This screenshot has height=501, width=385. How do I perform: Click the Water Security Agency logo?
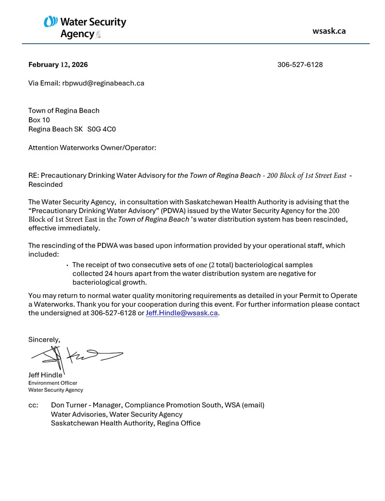click(85, 27)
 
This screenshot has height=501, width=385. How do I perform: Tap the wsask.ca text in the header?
click(329, 31)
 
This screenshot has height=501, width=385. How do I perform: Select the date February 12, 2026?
click(58, 65)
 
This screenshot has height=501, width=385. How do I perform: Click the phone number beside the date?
click(300, 65)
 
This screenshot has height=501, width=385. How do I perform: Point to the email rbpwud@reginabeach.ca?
click(103, 83)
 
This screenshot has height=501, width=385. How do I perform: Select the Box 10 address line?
click(42, 120)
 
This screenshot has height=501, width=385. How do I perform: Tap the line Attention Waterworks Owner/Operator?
click(92, 148)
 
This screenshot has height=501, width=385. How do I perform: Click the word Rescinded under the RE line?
click(45, 184)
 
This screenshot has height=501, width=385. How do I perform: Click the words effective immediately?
click(64, 229)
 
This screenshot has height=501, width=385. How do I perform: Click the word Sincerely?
click(44, 340)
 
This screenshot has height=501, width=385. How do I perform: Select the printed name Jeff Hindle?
click(45, 375)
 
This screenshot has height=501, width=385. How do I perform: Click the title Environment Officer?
click(52, 383)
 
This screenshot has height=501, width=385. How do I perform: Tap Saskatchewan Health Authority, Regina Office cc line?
click(126, 423)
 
